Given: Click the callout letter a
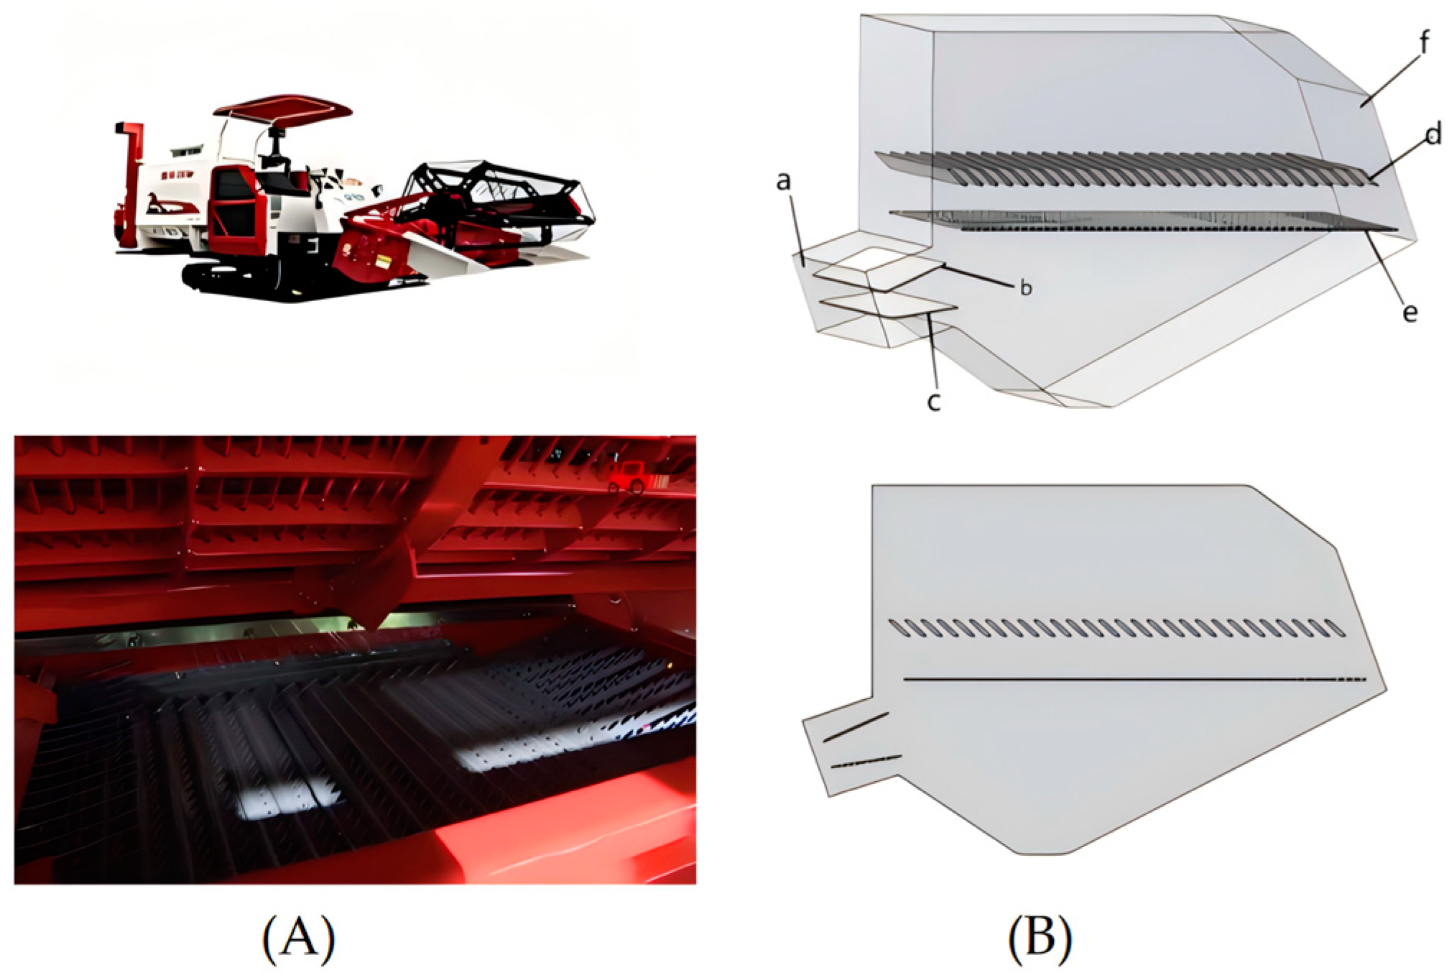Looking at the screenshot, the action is [783, 182].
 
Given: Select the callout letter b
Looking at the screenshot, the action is [1026, 287].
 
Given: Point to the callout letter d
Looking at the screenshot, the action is [1432, 134].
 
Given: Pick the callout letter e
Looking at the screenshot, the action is [1410, 313].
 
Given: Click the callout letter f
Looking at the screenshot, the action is [1424, 42].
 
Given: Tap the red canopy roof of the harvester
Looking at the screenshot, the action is [282, 109].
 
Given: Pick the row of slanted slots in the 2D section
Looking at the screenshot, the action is [1117, 628].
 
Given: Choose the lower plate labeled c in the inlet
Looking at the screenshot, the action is [889, 305].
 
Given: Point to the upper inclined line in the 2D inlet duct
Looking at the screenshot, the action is [856, 726].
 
